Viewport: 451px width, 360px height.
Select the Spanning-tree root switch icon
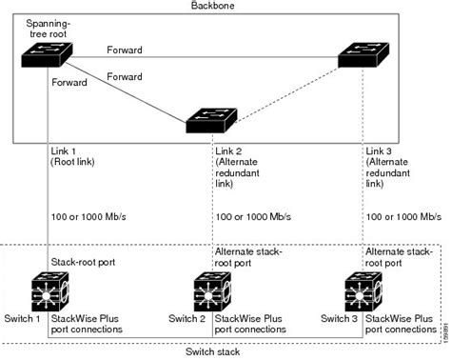(x=48, y=57)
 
